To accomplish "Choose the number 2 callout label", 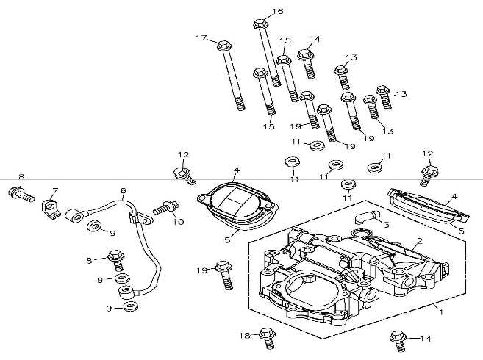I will [420, 240].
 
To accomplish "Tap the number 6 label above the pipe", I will [123, 190].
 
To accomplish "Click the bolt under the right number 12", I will [429, 174].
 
